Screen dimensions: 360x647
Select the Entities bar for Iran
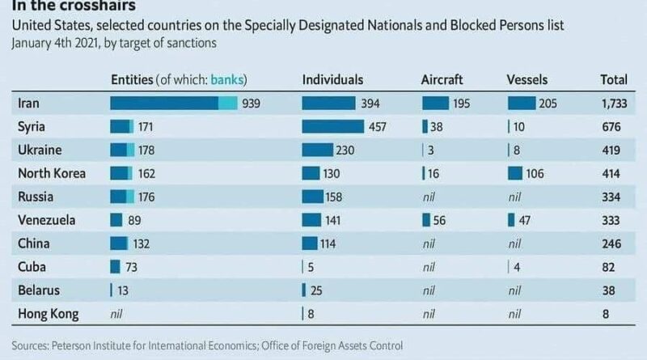(173, 104)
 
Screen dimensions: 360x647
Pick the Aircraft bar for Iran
(435, 104)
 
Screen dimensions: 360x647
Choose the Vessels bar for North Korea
(521, 173)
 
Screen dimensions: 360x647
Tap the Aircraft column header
(442, 80)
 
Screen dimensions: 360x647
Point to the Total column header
(614, 80)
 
